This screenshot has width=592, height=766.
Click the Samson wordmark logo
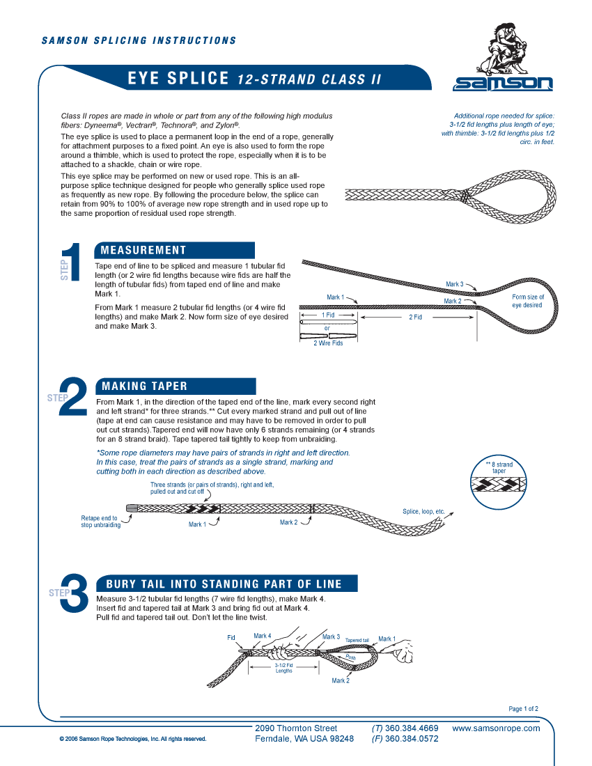click(503, 84)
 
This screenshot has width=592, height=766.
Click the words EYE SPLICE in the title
click(178, 79)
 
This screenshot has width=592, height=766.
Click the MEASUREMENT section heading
click(143, 251)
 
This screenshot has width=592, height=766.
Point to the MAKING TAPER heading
click(144, 386)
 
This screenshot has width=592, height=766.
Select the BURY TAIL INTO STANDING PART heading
click(224, 584)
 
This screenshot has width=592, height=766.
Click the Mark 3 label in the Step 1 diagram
click(454, 284)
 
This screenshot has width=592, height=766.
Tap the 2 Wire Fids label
click(327, 343)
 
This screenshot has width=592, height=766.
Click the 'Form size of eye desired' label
click(528, 301)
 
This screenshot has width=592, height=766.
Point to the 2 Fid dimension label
click(415, 318)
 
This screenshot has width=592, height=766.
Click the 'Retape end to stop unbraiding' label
click(100, 522)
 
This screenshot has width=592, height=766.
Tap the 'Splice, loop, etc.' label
click(423, 512)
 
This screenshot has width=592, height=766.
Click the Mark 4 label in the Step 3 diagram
click(262, 636)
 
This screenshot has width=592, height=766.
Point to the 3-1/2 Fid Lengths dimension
click(283, 668)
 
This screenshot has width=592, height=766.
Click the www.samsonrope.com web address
click(496, 728)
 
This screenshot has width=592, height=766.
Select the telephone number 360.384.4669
click(405, 728)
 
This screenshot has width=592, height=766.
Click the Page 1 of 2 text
click(523, 709)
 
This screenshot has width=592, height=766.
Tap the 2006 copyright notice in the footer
click(132, 739)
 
